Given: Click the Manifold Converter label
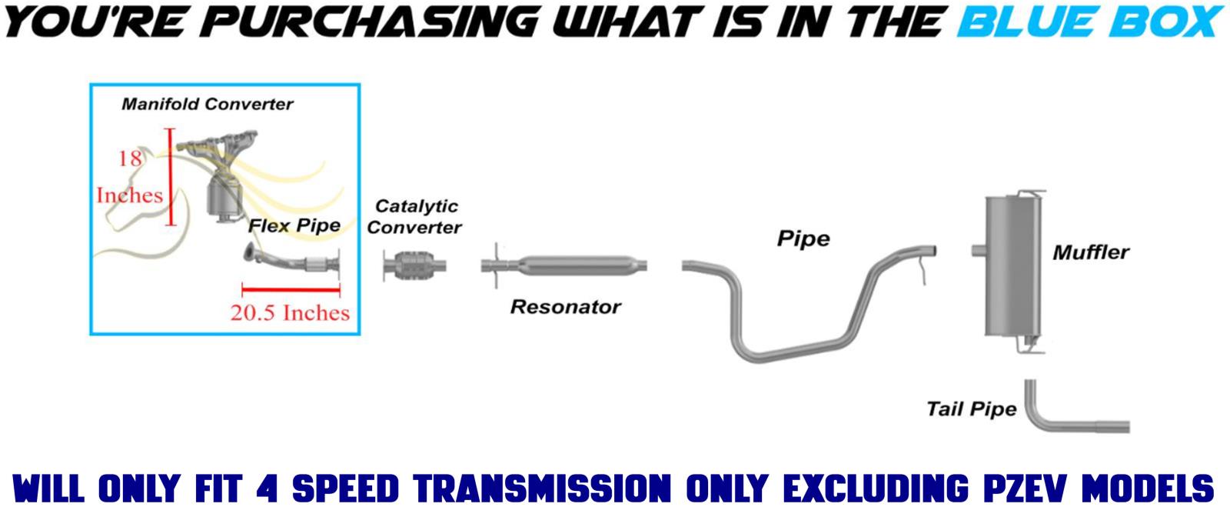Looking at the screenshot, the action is coord(208,104).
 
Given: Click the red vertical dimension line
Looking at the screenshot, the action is coord(171,177).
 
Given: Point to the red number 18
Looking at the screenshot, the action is coord(131,158).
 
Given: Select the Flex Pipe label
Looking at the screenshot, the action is coord(294,225).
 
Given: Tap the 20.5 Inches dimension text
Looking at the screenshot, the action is coord(290,312).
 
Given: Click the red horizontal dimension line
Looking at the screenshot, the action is coord(291,289).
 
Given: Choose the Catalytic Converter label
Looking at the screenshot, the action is coord(414,216).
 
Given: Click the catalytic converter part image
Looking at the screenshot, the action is coord(414,266).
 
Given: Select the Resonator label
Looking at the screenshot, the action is coord(566,307).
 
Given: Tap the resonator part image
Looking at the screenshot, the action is coord(564,265).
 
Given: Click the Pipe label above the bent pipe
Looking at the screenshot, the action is coord(804,239).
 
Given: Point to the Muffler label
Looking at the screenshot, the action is coord(1091,252).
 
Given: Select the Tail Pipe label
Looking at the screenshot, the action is coord(972,409).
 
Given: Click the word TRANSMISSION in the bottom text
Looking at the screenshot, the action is coord(543,488).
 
